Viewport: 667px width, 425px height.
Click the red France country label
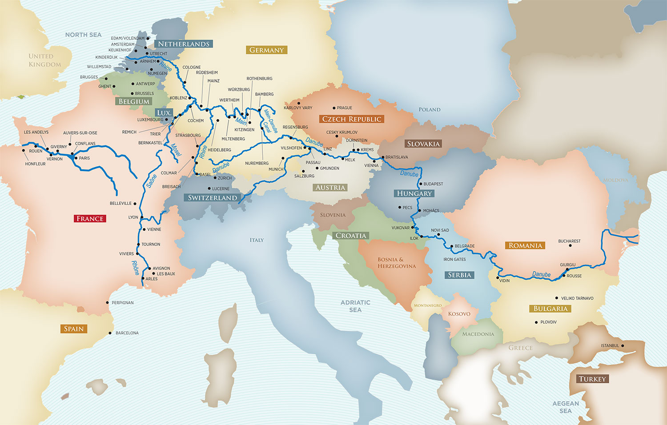[x=90, y=218]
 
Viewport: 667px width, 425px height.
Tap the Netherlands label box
[x=184, y=44]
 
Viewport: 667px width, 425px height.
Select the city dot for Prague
[x=334, y=108]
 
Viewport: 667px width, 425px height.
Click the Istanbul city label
[x=610, y=345]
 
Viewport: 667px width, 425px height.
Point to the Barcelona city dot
[x=110, y=333]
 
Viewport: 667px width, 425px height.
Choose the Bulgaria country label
[x=550, y=309]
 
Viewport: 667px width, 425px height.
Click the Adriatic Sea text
[x=355, y=306]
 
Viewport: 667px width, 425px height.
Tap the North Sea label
[x=83, y=35]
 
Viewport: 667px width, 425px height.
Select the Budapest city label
[x=433, y=184]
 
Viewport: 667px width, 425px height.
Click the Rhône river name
[x=135, y=268]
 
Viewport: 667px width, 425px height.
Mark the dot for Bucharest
[x=571, y=245]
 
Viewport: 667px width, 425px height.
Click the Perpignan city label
[x=122, y=303]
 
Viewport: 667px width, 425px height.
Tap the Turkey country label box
[x=592, y=379]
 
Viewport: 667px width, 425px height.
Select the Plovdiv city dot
[x=536, y=322]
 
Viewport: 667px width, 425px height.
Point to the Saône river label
[x=151, y=181]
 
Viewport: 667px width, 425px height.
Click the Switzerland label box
[x=212, y=197]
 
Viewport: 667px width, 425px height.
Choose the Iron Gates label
[x=454, y=260]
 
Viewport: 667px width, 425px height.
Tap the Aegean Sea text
[x=566, y=407]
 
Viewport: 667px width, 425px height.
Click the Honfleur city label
[x=35, y=164]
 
